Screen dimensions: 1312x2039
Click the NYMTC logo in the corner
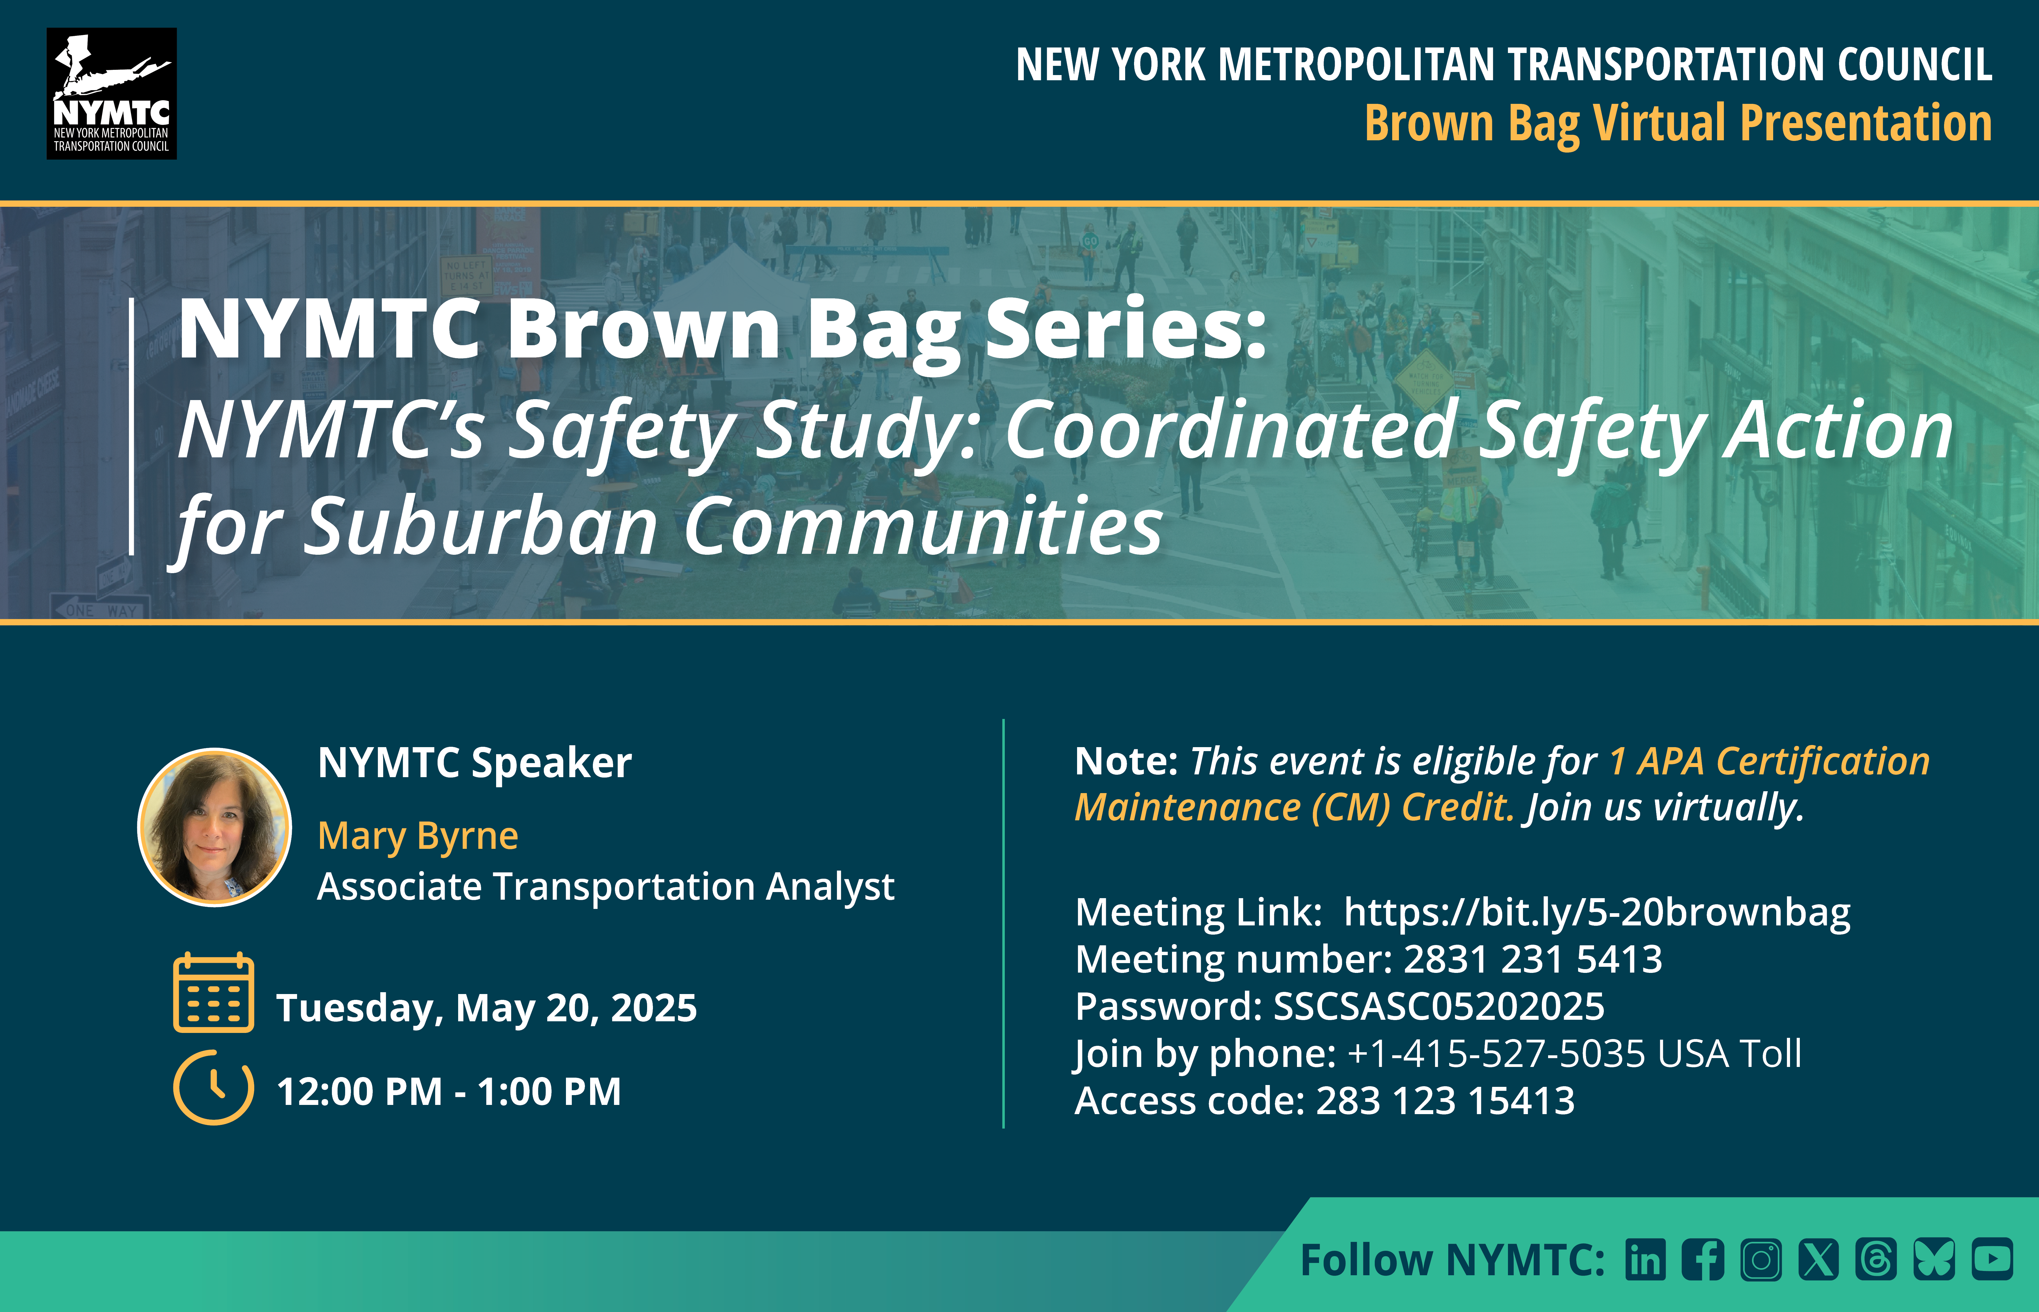111,94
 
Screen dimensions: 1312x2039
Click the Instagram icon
1761,1259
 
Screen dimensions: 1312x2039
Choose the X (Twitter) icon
1819,1259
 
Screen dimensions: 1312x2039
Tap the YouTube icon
1992,1259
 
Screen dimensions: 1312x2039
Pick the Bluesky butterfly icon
1934,1259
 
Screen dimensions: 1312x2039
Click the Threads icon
1876,1259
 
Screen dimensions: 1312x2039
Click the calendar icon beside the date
213,993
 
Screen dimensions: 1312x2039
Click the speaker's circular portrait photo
215,826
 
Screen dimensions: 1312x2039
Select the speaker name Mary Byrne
417,836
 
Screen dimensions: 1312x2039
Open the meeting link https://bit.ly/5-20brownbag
1597,913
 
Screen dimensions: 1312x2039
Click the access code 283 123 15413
1445,1101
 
